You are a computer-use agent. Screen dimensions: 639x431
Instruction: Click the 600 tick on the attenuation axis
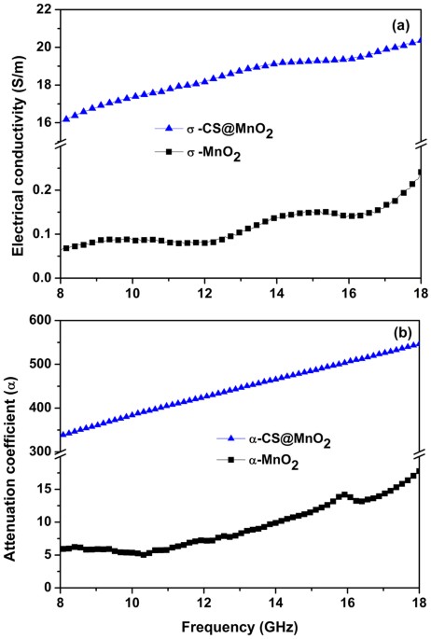(37, 321)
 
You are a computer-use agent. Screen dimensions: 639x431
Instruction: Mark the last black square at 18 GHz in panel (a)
(420, 172)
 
